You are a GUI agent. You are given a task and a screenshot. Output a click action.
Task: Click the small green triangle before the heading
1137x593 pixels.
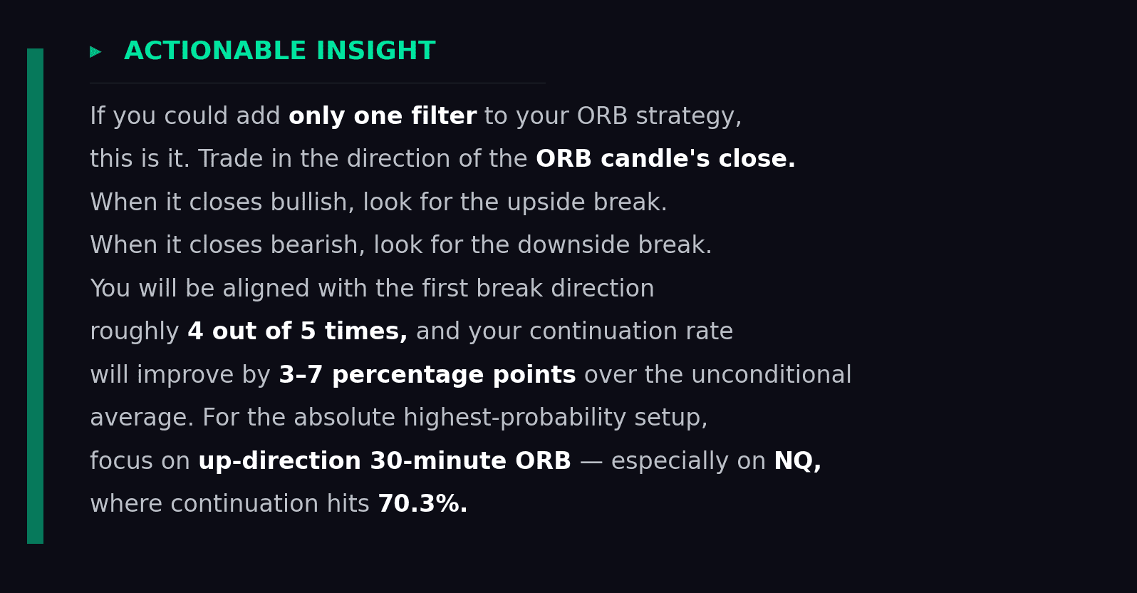point(95,52)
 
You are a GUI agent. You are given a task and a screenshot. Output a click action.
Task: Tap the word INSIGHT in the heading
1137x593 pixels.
point(375,51)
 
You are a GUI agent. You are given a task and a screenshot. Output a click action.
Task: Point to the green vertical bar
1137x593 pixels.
point(35,296)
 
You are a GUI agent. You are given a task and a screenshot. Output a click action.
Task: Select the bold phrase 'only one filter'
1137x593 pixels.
point(383,116)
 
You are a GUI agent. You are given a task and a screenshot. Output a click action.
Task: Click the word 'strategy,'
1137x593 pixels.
point(688,116)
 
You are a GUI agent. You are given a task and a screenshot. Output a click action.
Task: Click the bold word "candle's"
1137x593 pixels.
point(655,159)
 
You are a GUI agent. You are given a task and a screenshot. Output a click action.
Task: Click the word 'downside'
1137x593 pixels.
point(573,245)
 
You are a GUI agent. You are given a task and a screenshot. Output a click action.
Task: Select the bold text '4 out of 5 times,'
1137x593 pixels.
point(297,331)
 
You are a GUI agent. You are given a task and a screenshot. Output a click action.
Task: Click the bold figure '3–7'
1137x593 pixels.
point(301,375)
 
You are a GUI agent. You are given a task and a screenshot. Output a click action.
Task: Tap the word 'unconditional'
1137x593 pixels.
point(789,375)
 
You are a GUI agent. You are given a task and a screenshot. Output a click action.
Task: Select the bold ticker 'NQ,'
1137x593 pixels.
point(797,461)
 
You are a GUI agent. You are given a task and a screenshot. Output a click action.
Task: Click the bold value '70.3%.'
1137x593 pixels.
point(422,504)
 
